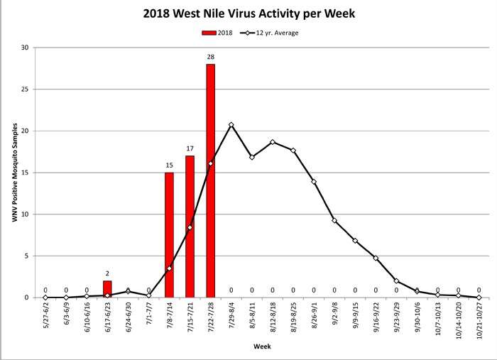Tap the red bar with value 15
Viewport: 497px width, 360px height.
click(169, 234)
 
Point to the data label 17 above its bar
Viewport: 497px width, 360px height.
click(190, 149)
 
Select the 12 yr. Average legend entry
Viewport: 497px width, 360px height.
click(273, 33)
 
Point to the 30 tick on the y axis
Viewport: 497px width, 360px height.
click(25, 48)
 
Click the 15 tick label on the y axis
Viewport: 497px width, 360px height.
click(25, 173)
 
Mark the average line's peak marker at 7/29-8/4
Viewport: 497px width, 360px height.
click(231, 125)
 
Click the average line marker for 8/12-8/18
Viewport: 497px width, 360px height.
click(273, 142)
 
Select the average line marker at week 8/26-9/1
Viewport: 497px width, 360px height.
click(314, 182)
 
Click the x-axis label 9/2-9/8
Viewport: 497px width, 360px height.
click(334, 315)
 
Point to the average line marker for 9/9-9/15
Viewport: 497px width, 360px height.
click(355, 241)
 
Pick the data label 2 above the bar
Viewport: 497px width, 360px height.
click(107, 274)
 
